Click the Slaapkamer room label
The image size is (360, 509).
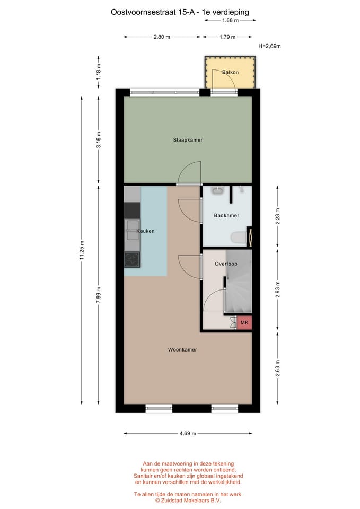pyautogui.click(x=188, y=140)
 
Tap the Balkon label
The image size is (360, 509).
pyautogui.click(x=230, y=72)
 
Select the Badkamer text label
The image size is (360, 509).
pyautogui.click(x=226, y=216)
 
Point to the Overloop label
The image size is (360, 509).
pyautogui.click(x=226, y=264)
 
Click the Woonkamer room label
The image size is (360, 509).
pyautogui.click(x=182, y=350)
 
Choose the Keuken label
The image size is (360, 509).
pyautogui.click(x=145, y=231)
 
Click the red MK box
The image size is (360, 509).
pyautogui.click(x=244, y=322)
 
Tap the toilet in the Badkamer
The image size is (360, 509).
pyautogui.click(x=238, y=238)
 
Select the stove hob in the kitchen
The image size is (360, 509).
pyautogui.click(x=131, y=259)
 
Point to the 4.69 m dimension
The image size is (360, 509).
pyautogui.click(x=188, y=433)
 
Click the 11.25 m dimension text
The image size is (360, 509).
pyautogui.click(x=82, y=249)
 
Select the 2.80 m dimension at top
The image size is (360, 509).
pyautogui.click(x=161, y=37)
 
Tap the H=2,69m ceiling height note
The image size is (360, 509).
pyautogui.click(x=269, y=46)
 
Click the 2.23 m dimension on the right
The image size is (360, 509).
pyautogui.click(x=277, y=216)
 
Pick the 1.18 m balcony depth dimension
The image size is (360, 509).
pyautogui.click(x=99, y=72)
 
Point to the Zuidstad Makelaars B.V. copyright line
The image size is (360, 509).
pyautogui.click(x=188, y=500)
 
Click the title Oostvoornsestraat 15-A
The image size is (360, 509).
pyautogui.click(x=154, y=11)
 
